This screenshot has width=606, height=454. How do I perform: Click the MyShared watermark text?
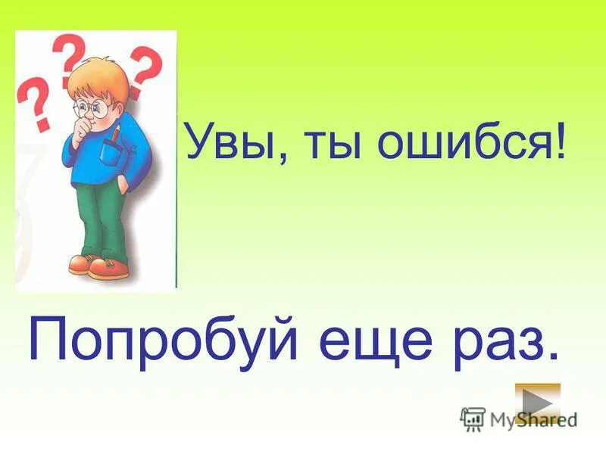(530, 418)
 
